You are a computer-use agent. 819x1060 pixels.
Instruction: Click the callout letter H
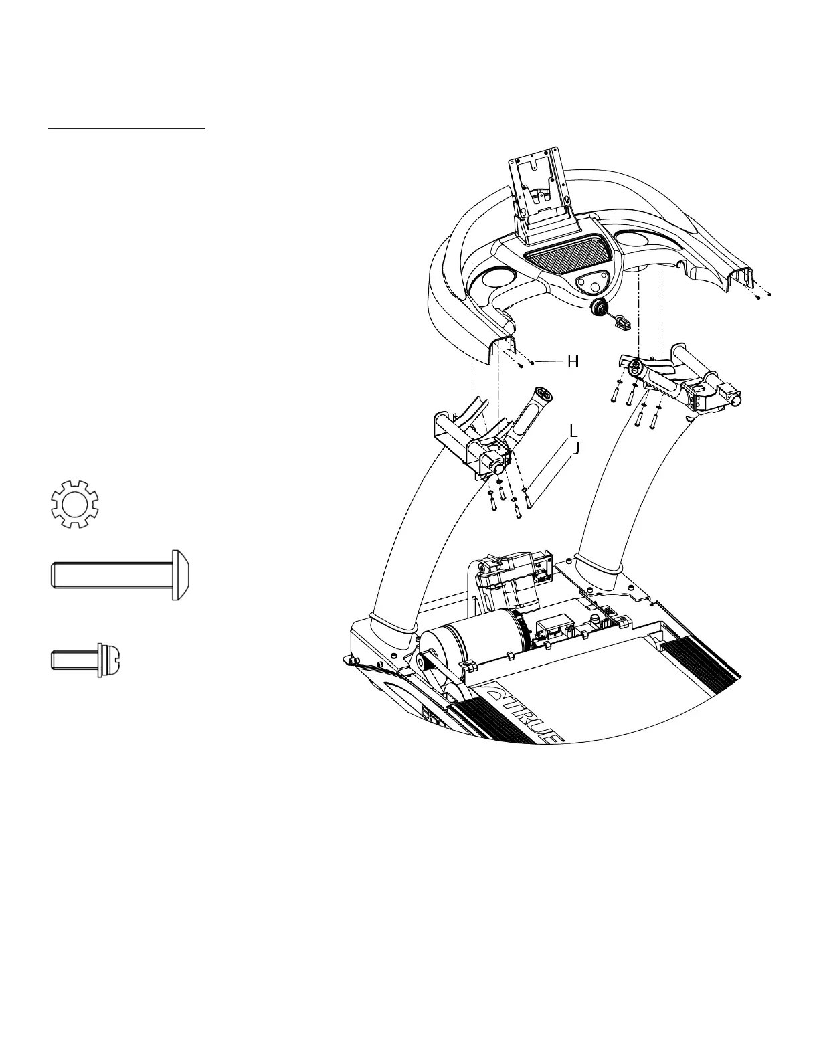pyautogui.click(x=573, y=362)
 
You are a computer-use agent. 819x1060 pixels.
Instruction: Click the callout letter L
pyautogui.click(x=574, y=430)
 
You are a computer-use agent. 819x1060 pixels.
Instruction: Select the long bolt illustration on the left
pyautogui.click(x=123, y=575)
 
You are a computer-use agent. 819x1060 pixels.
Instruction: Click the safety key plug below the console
pyautogui.click(x=599, y=308)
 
